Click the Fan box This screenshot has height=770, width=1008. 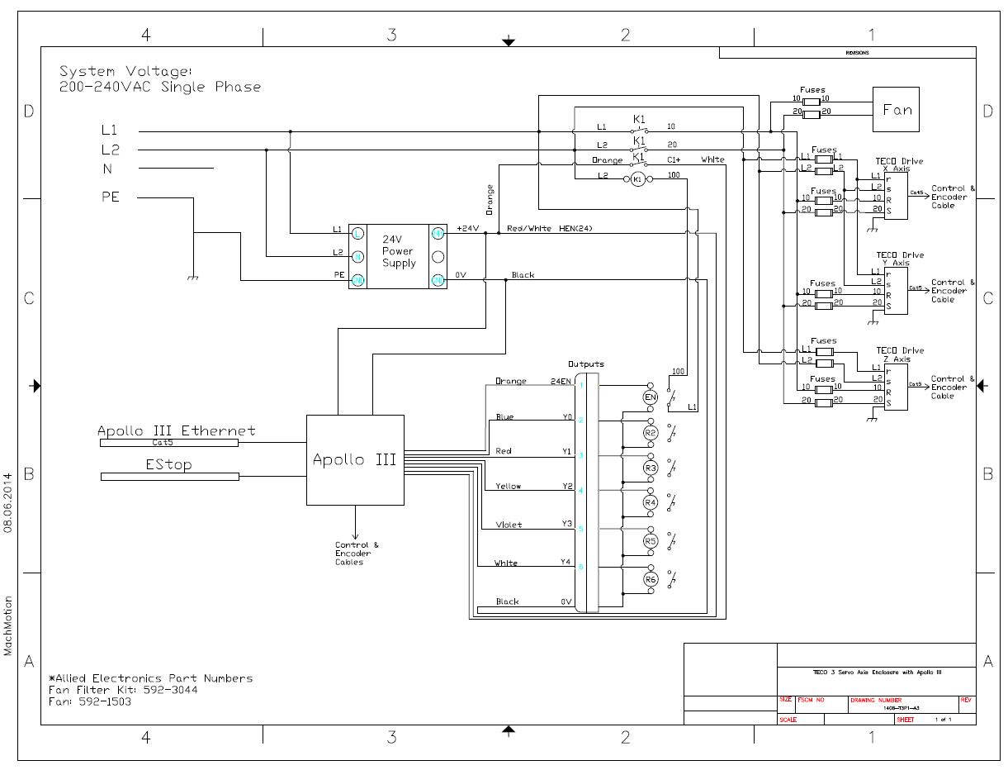(897, 109)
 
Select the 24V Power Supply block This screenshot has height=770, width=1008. (399, 256)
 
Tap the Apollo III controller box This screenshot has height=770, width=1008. (355, 459)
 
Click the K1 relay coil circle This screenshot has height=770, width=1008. (637, 179)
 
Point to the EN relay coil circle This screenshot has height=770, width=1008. (651, 397)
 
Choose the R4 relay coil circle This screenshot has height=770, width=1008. (651, 502)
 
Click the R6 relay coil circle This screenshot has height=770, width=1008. (651, 580)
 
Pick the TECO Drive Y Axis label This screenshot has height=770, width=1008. (900, 259)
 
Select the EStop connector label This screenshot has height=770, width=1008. (168, 465)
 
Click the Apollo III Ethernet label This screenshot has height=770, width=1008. (176, 430)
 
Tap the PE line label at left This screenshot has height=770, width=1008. (110, 197)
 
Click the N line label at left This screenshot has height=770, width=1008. (107, 169)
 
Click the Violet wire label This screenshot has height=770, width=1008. (509, 525)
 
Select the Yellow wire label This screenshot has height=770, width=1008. (509, 486)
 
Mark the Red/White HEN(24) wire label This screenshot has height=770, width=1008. (550, 228)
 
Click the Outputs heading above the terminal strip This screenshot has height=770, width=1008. (585, 364)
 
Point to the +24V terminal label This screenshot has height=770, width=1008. (468, 228)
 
